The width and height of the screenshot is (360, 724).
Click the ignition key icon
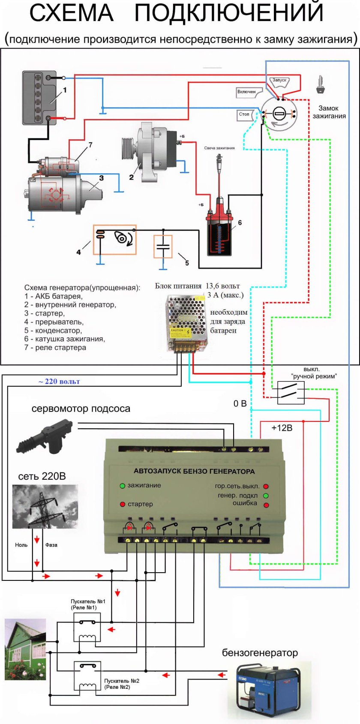tap(320, 85)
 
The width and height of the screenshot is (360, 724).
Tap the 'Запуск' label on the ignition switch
tap(279, 80)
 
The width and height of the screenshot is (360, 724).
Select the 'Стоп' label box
tap(244, 114)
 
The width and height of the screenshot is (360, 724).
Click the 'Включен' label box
tap(246, 92)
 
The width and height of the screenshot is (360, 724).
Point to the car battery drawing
tap(39, 98)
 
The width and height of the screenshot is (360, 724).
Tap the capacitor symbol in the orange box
tap(163, 246)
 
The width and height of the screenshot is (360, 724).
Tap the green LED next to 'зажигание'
tap(122, 486)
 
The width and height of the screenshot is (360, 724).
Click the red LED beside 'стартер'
tap(122, 504)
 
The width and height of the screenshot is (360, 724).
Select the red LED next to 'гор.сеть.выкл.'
tap(266, 487)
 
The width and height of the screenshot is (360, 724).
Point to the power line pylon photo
tap(45, 506)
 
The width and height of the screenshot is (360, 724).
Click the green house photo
tap(25, 649)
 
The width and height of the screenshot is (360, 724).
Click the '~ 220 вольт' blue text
tap(59, 382)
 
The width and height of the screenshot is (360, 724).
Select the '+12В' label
tap(282, 428)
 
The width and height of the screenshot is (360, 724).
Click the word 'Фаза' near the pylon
tap(51, 545)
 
